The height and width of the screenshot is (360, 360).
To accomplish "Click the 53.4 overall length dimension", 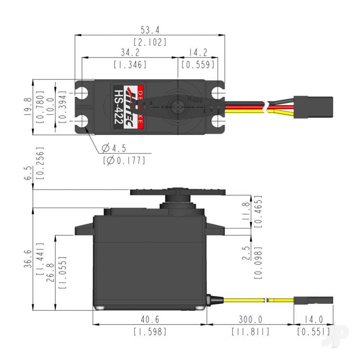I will click(x=150, y=29).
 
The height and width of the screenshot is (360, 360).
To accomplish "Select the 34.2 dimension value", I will click(x=130, y=53).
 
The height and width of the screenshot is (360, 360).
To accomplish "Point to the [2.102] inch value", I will click(x=150, y=42).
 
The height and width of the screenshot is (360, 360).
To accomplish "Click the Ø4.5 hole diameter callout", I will click(x=114, y=148).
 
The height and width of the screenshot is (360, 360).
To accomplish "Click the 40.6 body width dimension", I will click(x=150, y=319).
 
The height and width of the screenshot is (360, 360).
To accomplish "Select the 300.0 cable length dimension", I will click(x=250, y=319).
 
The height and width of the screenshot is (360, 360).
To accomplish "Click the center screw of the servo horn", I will click(x=179, y=107).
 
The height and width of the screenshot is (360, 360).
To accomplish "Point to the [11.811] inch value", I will click(x=250, y=332).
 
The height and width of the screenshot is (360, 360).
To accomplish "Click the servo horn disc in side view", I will click(x=178, y=192).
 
